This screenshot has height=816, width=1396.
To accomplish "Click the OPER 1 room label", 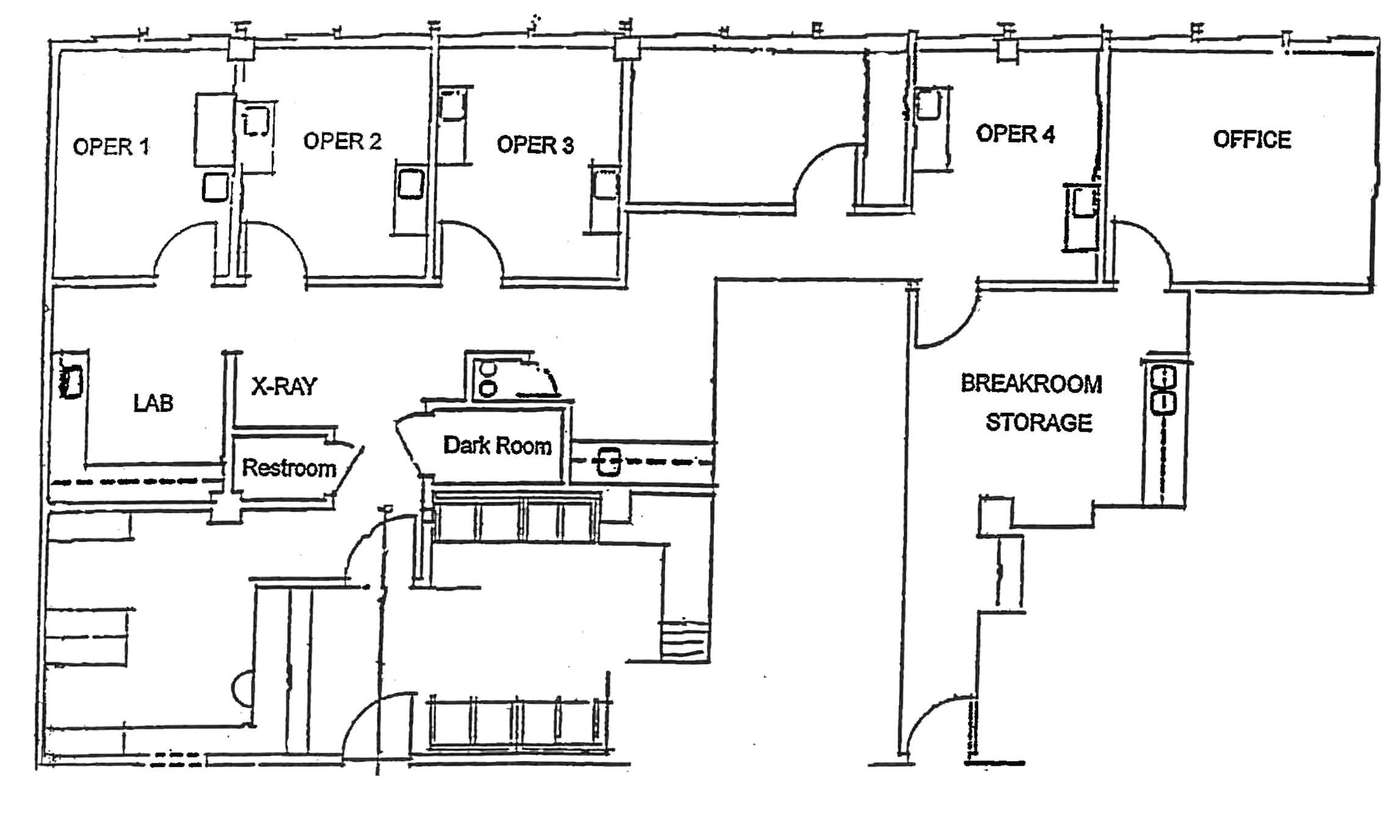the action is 111,146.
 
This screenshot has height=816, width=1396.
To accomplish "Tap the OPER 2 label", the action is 342,141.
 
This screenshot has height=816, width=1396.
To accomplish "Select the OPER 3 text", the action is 535,145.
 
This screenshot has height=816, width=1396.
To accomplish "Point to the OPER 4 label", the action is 1015,134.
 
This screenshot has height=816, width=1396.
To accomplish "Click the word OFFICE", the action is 1252,140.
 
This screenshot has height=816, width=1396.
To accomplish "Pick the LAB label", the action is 153,403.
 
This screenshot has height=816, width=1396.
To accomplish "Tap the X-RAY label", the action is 285,386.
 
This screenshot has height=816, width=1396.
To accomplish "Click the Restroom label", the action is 289,468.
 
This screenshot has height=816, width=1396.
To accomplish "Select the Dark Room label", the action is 498,446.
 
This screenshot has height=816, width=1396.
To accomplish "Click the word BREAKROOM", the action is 1031,384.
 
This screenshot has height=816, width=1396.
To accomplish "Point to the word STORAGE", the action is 1039,422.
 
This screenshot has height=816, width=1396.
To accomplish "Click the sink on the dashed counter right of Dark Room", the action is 609,462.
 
